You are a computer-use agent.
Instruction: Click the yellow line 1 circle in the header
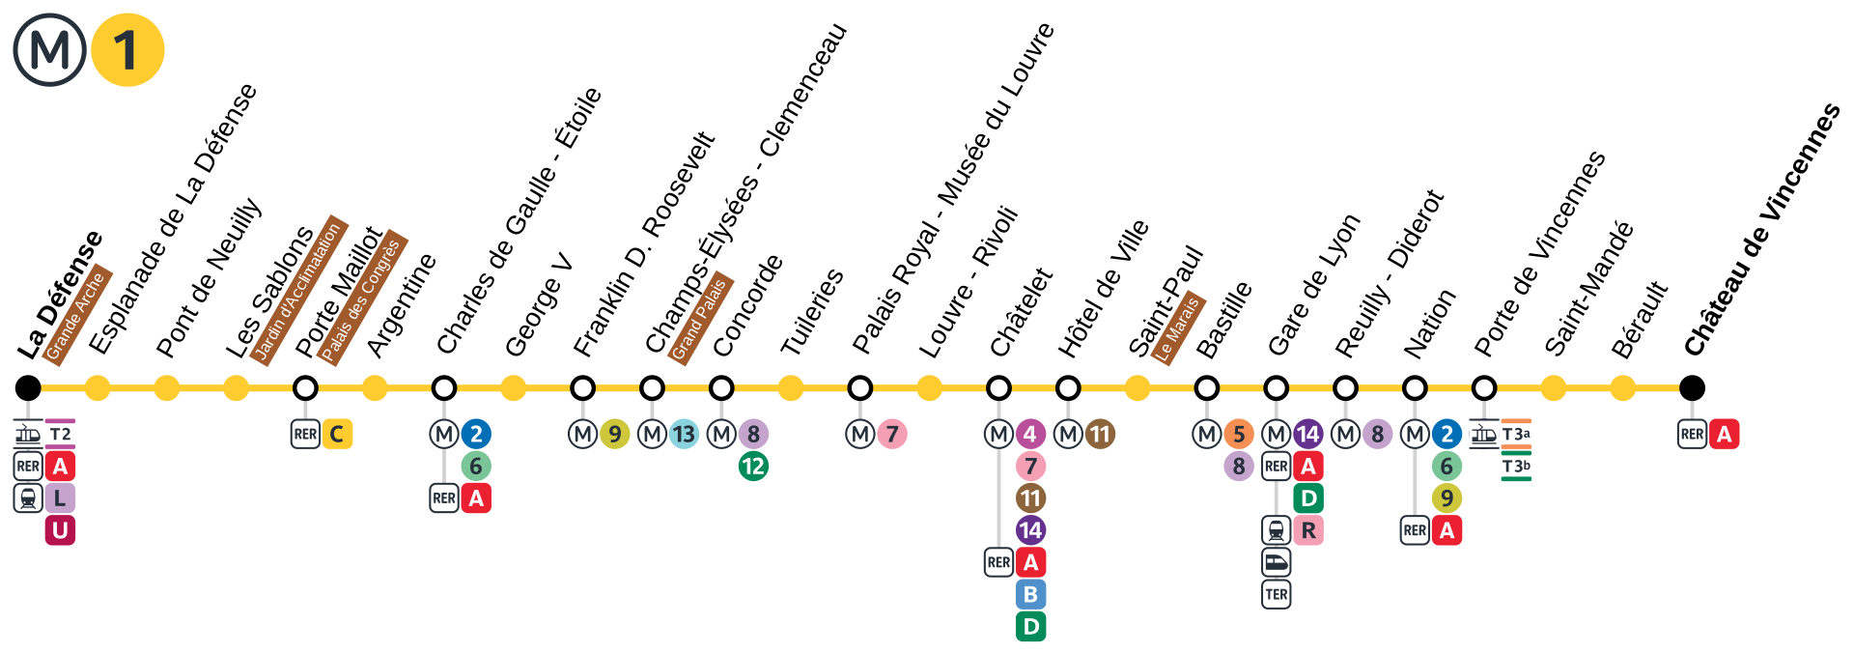click(127, 50)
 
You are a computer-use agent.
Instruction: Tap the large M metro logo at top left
click(49, 50)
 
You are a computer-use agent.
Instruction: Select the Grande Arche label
click(76, 314)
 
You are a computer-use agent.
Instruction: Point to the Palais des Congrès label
click(361, 298)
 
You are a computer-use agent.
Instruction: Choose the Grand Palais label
click(700, 318)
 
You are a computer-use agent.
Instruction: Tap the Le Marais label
click(1178, 328)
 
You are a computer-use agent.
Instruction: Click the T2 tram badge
click(60, 434)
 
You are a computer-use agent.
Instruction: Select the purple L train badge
click(60, 498)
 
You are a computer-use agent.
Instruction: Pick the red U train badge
click(60, 530)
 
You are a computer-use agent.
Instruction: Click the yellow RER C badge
click(337, 435)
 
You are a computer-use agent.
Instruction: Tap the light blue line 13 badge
click(684, 435)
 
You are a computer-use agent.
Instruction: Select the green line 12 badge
click(753, 467)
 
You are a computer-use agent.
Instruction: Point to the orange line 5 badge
click(1239, 435)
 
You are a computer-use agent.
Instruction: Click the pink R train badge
click(1308, 530)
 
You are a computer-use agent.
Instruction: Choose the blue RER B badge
click(1030, 594)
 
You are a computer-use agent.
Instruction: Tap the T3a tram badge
click(1516, 435)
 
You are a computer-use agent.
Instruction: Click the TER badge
click(1277, 594)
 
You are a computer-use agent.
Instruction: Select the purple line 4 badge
click(1030, 435)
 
